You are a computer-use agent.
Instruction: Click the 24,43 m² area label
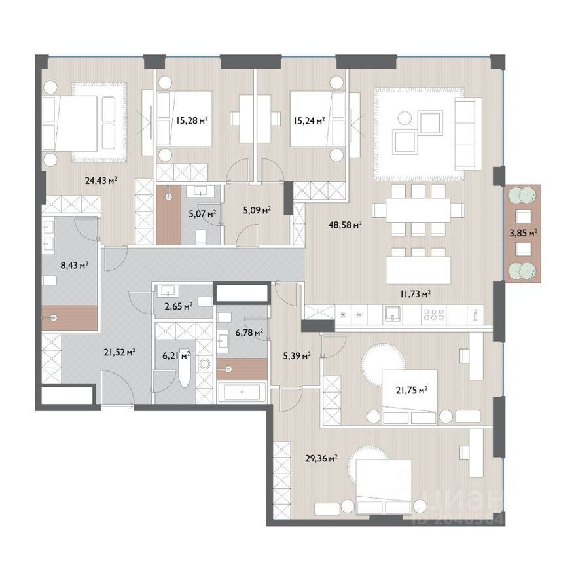click(101, 181)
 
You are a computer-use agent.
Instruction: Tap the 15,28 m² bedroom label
click(192, 120)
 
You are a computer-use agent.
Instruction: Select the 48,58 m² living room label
click(346, 225)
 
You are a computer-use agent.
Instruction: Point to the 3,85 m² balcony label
click(524, 233)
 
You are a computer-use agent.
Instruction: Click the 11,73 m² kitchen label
click(416, 293)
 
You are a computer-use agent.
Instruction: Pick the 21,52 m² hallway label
click(119, 353)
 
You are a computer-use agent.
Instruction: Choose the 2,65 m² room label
click(179, 306)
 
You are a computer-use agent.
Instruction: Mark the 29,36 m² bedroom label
click(321, 458)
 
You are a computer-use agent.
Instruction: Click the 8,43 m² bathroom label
click(74, 265)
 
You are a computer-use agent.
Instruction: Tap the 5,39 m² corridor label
click(297, 355)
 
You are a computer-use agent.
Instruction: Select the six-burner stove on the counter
click(434, 315)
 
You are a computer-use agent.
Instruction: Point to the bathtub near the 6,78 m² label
click(242, 392)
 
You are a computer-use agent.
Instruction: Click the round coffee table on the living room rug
click(405, 118)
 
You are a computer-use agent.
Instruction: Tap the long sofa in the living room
click(468, 134)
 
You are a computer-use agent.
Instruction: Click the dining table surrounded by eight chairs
click(418, 210)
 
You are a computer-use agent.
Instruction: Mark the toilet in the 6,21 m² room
click(185, 368)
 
